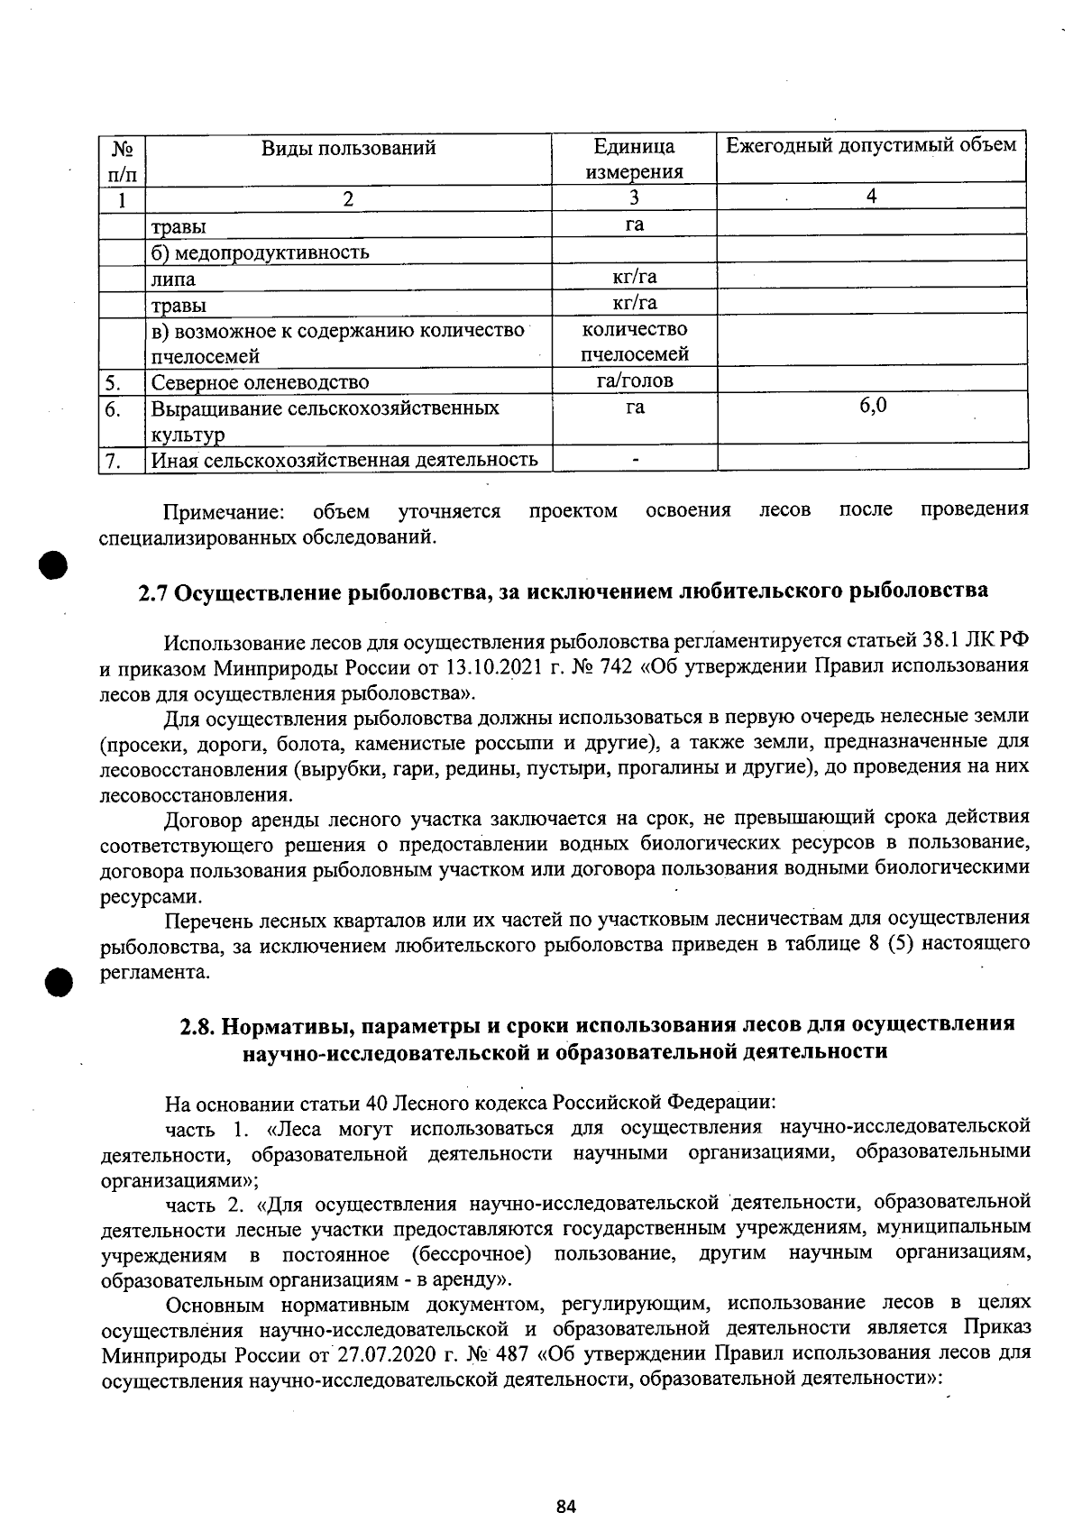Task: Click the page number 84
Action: (565, 1506)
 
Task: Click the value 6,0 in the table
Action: (872, 406)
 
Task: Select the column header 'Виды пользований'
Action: (348, 147)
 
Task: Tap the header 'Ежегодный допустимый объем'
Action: (871, 144)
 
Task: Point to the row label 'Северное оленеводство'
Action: (260, 382)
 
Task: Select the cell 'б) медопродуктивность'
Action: (260, 252)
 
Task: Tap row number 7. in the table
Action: (112, 461)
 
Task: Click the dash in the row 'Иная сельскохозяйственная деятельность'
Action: (635, 460)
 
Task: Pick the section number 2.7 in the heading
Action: (154, 592)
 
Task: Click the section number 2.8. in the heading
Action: (198, 1025)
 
